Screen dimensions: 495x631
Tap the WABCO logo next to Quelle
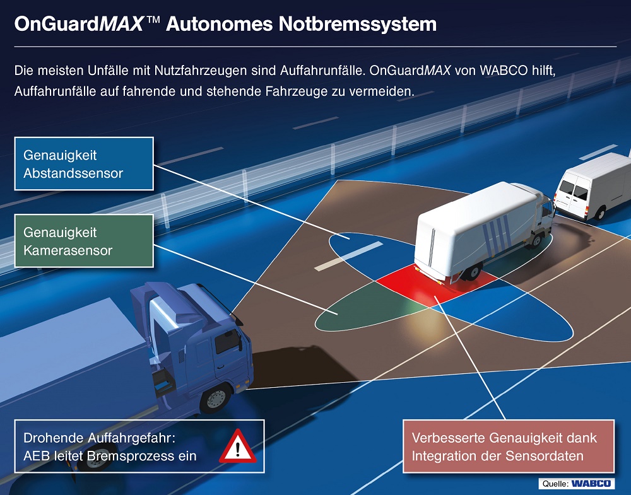pos(591,484)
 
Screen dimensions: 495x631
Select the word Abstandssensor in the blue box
pos(73,173)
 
